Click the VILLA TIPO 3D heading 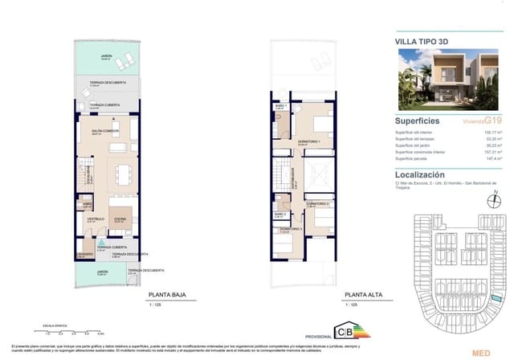coord(423,39)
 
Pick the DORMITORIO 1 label coord(308,141)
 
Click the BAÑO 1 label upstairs coord(280,106)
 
